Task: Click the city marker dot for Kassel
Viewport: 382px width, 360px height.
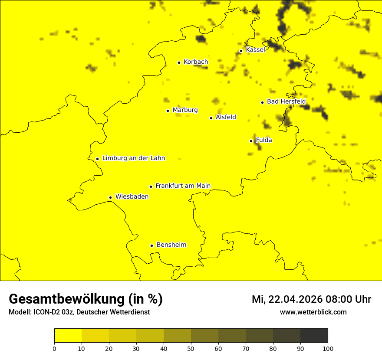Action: [x=241, y=51]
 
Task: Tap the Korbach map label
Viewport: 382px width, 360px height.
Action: [x=196, y=62]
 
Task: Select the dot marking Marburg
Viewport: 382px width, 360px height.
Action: [x=168, y=111]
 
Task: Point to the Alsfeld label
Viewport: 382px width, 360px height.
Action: [x=226, y=117]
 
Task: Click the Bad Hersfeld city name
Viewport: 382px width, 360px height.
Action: [x=286, y=101]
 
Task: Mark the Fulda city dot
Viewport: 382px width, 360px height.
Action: [x=251, y=141]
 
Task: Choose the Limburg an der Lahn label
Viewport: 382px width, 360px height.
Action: [x=134, y=158]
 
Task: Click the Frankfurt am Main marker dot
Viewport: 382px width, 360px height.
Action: [x=151, y=187]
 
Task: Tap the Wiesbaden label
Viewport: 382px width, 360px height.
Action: [x=132, y=197]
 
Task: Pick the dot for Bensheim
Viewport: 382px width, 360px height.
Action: [x=151, y=245]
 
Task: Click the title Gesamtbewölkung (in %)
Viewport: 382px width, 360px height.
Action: [x=86, y=299]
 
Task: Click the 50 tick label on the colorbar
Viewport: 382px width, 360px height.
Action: [x=191, y=348]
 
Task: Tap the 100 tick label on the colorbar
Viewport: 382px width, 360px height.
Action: [x=328, y=348]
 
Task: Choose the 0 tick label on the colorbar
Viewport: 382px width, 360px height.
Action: [x=54, y=348]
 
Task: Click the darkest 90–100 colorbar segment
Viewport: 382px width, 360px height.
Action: [x=314, y=336]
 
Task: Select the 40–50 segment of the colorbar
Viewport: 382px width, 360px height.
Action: [x=177, y=336]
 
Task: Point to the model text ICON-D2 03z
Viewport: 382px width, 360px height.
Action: [x=51, y=312]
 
